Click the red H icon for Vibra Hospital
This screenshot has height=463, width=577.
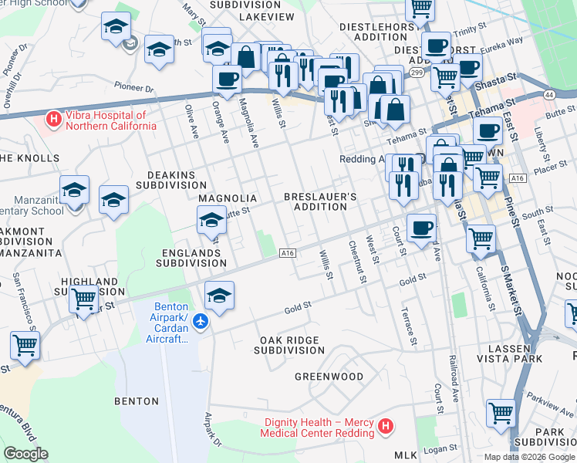[x=52, y=120]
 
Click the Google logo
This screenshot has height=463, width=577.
[x=25, y=454]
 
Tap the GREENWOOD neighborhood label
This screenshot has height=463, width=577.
[x=329, y=377]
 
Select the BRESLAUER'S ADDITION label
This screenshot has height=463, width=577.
[x=320, y=201]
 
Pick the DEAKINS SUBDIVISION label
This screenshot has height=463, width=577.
[x=171, y=180]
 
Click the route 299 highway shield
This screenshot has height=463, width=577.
[x=417, y=73]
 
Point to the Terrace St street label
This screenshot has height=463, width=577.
[x=409, y=326]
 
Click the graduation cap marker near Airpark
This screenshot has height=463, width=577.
[x=219, y=296]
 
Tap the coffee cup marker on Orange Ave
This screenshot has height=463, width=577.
[x=228, y=79]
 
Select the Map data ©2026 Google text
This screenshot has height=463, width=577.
[x=528, y=457]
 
